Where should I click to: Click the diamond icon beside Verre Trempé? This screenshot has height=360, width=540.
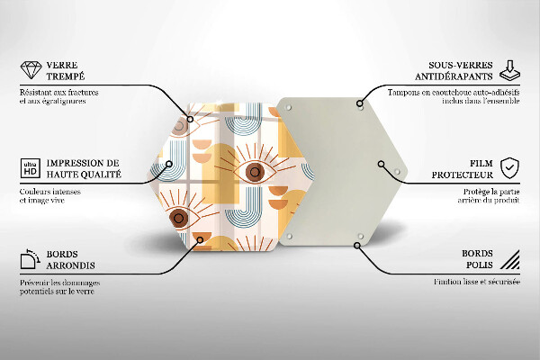pos(31,70)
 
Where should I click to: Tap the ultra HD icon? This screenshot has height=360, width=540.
pos(31,168)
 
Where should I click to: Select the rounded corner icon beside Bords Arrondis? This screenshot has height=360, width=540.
pos(31,259)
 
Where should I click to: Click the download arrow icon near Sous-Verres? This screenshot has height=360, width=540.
pos(509,70)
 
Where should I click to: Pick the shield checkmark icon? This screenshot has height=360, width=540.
pos(509,168)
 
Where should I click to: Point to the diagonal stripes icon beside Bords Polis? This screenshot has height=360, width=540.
pos(510,259)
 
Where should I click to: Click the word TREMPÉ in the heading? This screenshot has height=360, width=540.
pos(66,76)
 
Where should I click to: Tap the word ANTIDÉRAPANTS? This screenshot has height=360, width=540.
pos(454,76)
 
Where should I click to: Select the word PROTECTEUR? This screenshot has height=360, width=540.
pos(463,175)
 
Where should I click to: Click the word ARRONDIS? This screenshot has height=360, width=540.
pos(70,265)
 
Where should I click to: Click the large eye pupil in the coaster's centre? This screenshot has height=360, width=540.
pos(255,172)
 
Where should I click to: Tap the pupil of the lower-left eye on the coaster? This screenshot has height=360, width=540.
pos(178,218)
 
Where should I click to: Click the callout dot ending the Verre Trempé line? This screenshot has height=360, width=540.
pos(190,119)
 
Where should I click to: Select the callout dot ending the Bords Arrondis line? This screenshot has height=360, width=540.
pos(200,239)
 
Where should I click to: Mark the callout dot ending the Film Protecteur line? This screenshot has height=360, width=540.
pos(381,164)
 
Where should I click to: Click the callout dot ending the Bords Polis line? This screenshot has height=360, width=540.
pos(357,246)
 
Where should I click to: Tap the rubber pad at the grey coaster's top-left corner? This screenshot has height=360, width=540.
pos(289,108)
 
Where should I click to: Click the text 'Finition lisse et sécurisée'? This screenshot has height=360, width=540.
pos(477,282)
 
